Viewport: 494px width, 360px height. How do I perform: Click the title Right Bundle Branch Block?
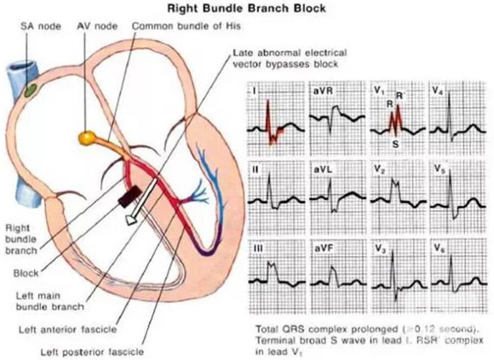pos(246,9)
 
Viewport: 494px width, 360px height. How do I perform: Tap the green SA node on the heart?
pos(31,91)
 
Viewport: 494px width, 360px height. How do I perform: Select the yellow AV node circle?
pos(87,138)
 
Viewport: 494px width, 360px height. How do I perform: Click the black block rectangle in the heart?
pos(129,197)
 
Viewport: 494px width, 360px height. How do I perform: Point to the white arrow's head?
pos(131,220)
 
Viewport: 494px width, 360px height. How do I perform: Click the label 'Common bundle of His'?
pos(187,26)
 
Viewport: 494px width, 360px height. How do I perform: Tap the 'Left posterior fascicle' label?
pos(92,352)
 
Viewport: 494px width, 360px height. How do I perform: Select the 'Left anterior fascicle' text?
pos(68,330)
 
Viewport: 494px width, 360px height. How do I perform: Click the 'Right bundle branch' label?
pos(21,239)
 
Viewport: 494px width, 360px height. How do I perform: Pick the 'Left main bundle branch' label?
pos(50,301)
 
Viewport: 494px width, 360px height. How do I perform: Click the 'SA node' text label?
pos(41,26)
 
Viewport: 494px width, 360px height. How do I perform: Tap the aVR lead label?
pos(323,90)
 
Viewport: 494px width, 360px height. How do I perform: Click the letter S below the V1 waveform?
pos(395,144)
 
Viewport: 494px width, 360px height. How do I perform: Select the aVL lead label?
pos(323,170)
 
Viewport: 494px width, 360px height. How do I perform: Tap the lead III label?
pos(258,249)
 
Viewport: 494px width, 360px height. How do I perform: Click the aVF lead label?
pos(324,249)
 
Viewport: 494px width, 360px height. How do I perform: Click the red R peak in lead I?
pos(267,101)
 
